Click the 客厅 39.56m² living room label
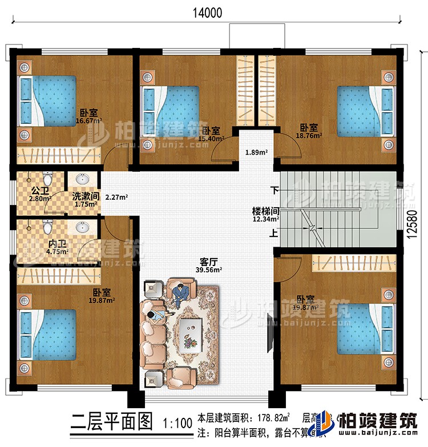(x=208, y=267)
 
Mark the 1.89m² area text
(x=253, y=152)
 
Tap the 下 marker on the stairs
(x=274, y=191)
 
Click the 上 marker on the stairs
(x=274, y=233)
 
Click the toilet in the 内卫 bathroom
(x=47, y=227)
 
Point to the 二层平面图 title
(x=112, y=422)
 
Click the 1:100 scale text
(x=176, y=424)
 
